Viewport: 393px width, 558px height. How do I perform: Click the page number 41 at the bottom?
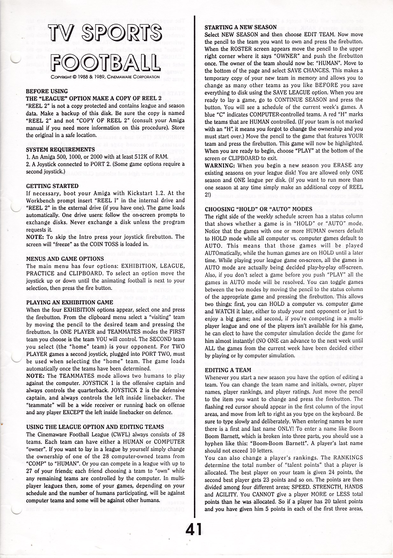[194, 530]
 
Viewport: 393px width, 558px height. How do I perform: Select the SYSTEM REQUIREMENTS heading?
[60, 150]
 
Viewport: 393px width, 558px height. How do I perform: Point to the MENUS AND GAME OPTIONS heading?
[65, 259]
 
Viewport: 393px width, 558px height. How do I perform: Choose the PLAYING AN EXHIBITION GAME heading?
[69, 302]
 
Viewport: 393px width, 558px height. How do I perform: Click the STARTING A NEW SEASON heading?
[240, 27]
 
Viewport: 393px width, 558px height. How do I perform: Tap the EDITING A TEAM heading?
[228, 370]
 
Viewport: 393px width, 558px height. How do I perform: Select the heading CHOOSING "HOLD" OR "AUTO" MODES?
[258, 209]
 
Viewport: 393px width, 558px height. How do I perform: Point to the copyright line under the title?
[105, 77]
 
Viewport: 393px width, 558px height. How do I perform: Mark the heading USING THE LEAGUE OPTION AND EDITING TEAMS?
[95, 427]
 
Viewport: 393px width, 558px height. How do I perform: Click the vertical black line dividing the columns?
[195, 255]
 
